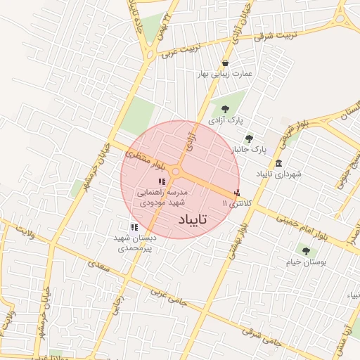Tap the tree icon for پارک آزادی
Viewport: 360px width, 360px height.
pos(225,109)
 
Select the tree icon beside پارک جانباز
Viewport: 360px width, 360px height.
pos(248,139)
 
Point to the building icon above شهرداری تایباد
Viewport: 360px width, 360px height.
pos(279,163)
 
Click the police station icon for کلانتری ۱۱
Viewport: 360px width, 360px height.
pos(237,192)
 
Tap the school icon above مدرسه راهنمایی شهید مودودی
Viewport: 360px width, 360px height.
pos(162,181)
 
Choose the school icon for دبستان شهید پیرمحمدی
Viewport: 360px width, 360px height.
pos(134,226)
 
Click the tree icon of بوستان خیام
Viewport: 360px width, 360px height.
pos(304,250)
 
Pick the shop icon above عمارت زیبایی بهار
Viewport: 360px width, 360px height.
pos(225,63)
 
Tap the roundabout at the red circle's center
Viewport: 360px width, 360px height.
pos(176,171)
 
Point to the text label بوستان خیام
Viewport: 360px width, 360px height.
pos(303,261)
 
